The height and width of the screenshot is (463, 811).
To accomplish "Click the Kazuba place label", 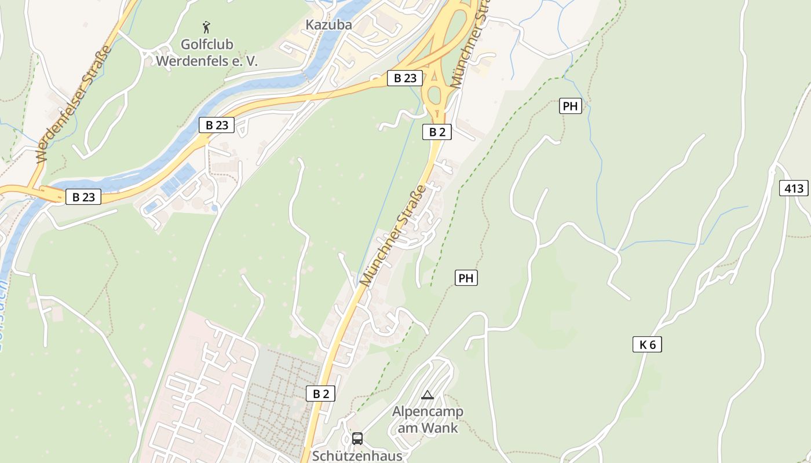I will (x=328, y=25).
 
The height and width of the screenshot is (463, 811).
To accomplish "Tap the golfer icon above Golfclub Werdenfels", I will (x=206, y=27).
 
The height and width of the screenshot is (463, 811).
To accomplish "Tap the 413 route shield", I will (x=793, y=188).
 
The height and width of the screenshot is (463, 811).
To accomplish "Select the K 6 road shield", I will (x=647, y=345).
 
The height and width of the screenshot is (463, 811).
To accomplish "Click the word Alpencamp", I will (x=428, y=412).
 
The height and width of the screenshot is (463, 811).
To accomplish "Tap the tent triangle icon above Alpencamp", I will (x=428, y=395).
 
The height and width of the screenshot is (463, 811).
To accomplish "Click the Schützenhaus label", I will (x=357, y=455).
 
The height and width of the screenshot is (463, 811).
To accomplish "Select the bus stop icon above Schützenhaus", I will (x=357, y=438).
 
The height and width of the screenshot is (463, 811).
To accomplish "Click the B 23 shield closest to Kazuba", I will (x=404, y=79).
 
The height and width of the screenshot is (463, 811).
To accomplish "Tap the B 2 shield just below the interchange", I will (x=437, y=132).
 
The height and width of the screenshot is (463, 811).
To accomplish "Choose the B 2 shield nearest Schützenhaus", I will (x=320, y=394).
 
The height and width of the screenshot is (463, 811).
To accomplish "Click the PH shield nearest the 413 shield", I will (x=571, y=106).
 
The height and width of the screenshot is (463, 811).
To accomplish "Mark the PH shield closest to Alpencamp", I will (x=466, y=278).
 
